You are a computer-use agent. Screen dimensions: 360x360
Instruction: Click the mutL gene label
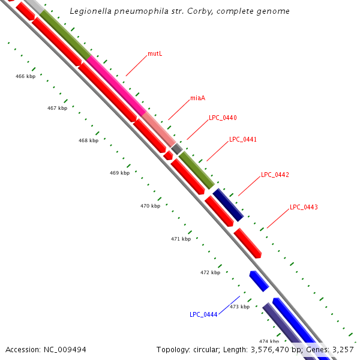[155, 54]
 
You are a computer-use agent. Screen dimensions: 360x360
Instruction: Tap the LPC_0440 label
[223, 118]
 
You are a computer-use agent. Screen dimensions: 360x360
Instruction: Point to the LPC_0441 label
[243, 139]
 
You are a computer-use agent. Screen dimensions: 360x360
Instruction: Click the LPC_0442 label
[275, 175]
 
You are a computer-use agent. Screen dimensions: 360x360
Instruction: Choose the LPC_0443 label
[304, 207]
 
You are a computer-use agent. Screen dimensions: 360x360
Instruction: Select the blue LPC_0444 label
[203, 314]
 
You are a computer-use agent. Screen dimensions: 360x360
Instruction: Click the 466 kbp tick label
[25, 77]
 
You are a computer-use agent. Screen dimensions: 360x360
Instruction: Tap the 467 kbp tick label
[57, 108]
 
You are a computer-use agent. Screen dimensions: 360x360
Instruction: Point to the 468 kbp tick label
[88, 140]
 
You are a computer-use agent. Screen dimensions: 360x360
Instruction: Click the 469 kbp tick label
[119, 173]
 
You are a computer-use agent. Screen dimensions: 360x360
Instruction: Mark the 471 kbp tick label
[181, 239]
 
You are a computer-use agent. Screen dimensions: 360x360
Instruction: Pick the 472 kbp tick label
[210, 272]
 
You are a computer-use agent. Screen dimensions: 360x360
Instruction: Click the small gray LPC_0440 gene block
[177, 148]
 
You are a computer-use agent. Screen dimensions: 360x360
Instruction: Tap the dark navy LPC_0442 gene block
[228, 205]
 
